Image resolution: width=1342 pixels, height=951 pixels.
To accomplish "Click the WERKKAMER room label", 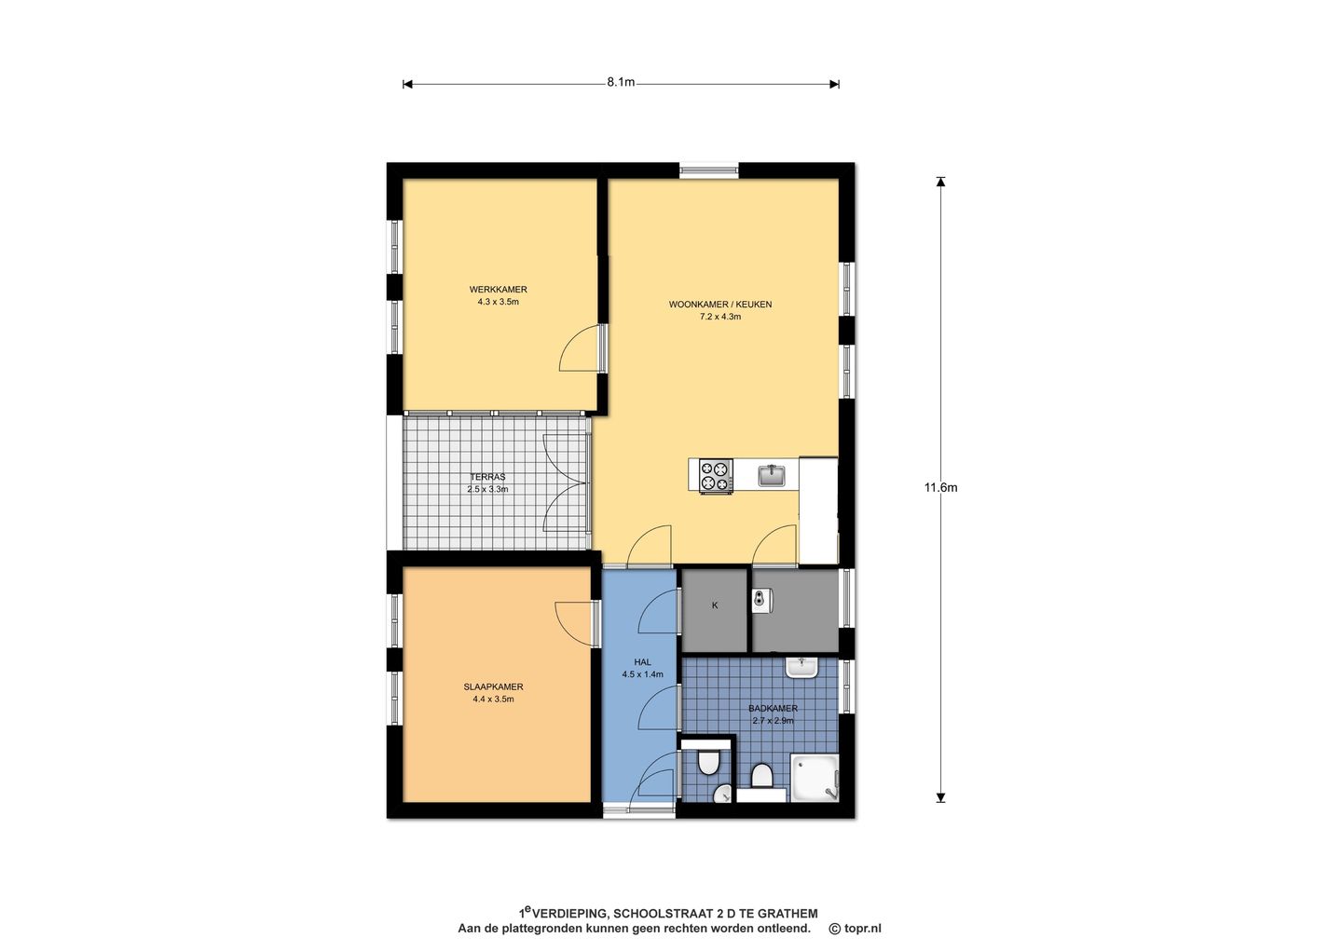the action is pyautogui.click(x=498, y=290).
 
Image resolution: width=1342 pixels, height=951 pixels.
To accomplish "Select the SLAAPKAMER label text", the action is pyautogui.click(x=493, y=686).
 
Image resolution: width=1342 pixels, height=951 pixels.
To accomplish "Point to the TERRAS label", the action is pyautogui.click(x=487, y=477).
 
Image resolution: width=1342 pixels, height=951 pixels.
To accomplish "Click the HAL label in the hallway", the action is pyautogui.click(x=642, y=661).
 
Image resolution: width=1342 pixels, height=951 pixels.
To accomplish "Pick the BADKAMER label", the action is pyautogui.click(x=773, y=709).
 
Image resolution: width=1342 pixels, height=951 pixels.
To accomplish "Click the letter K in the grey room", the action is pyautogui.click(x=715, y=605).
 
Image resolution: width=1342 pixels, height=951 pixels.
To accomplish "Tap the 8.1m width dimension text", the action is pyautogui.click(x=621, y=82).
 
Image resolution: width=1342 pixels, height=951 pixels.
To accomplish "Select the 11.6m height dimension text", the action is pyautogui.click(x=940, y=487).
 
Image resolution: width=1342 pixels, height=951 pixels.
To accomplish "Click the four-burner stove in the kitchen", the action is pyautogui.click(x=716, y=476).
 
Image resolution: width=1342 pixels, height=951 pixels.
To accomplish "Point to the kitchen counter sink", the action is pyautogui.click(x=773, y=475).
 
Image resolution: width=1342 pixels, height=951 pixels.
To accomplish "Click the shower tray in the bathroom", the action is pyautogui.click(x=815, y=778).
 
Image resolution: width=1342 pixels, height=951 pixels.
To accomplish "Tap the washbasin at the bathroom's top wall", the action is pyautogui.click(x=801, y=668).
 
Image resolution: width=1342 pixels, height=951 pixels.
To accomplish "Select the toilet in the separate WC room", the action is pyautogui.click(x=708, y=763).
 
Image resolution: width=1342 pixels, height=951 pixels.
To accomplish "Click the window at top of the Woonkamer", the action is pyautogui.click(x=708, y=170).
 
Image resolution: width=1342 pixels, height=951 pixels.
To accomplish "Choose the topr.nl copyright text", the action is pyautogui.click(x=855, y=929).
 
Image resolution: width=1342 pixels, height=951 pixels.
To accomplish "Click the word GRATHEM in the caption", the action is pyautogui.click(x=787, y=914).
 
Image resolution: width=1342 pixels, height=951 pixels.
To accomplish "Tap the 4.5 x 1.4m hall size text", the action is pyautogui.click(x=642, y=674).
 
